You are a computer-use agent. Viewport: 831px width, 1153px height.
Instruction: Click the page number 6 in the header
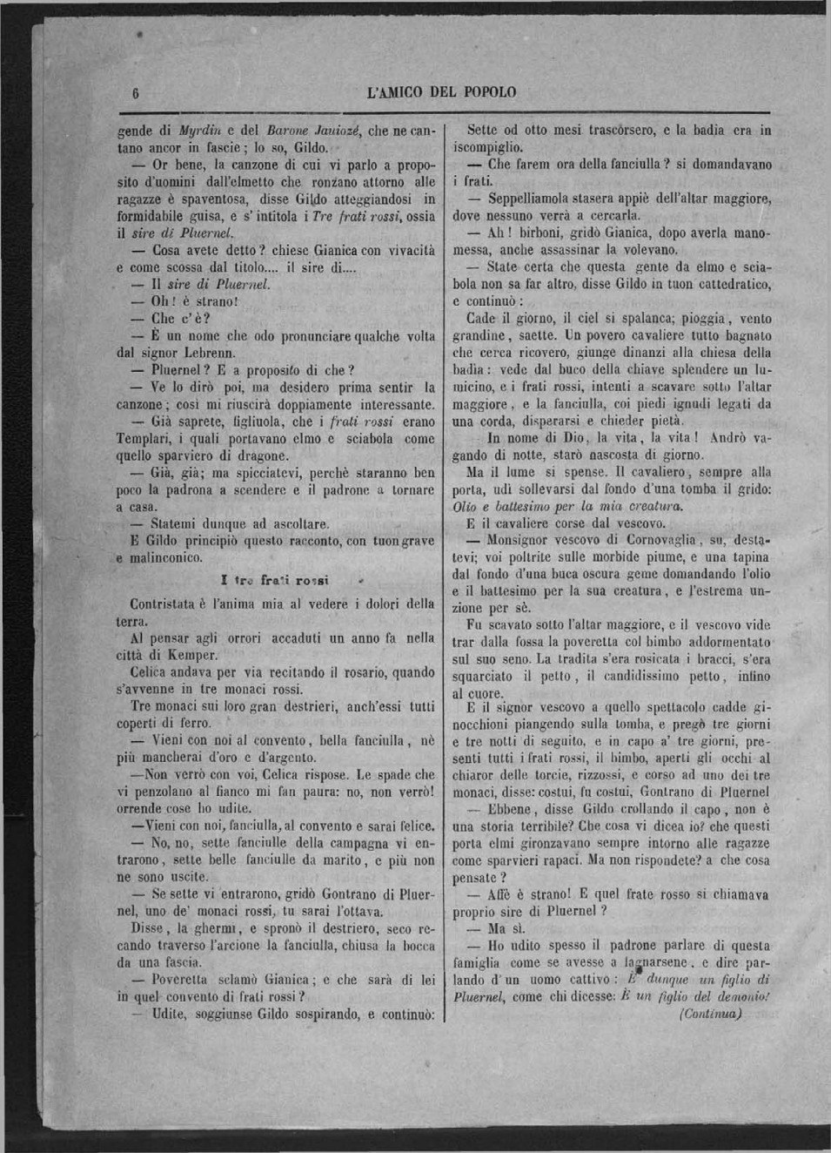136,92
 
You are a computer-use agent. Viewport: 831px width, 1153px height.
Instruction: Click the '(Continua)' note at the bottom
710,1014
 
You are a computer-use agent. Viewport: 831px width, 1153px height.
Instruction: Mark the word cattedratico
729,284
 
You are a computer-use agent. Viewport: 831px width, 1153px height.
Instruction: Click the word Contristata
165,603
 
